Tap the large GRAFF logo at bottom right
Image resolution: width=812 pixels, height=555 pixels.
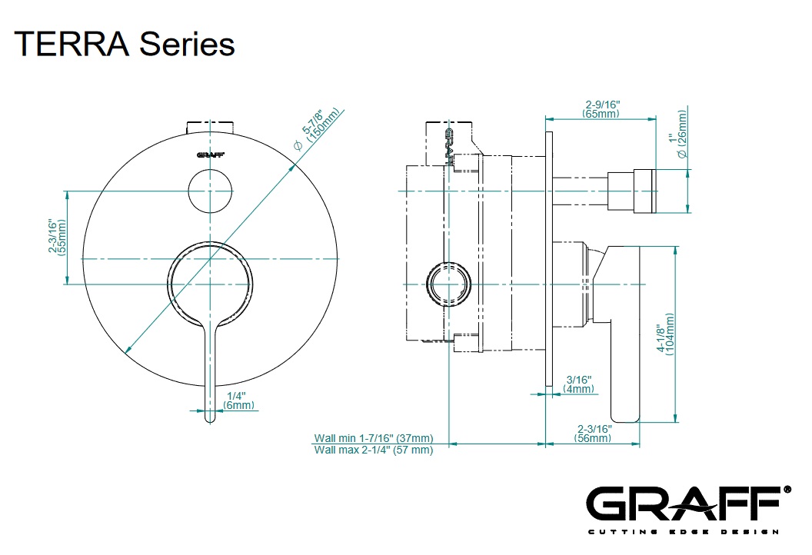click(x=683, y=504)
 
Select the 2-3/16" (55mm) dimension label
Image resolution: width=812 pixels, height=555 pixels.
click(x=56, y=237)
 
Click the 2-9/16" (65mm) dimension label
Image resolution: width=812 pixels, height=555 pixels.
click(x=601, y=108)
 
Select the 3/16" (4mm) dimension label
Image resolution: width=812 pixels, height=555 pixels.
click(x=579, y=384)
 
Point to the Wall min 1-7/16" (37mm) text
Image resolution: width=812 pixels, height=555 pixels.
click(x=373, y=438)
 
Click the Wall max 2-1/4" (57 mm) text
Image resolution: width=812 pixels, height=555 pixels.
click(x=373, y=450)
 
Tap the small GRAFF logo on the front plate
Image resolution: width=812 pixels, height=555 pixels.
click(x=210, y=155)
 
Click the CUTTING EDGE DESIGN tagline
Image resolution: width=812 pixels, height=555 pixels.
click(x=683, y=531)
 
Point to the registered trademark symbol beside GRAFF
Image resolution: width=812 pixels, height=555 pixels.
click(x=787, y=489)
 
